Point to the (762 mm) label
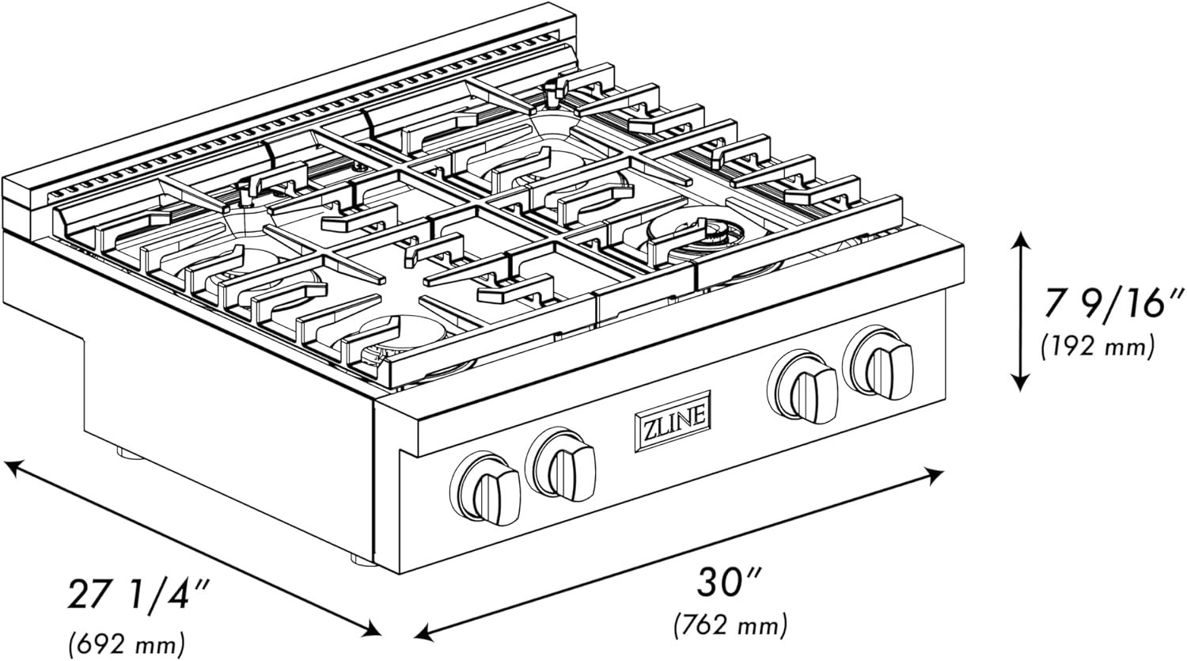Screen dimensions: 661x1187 tap(730, 626)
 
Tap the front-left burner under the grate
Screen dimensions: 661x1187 tap(388, 336)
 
